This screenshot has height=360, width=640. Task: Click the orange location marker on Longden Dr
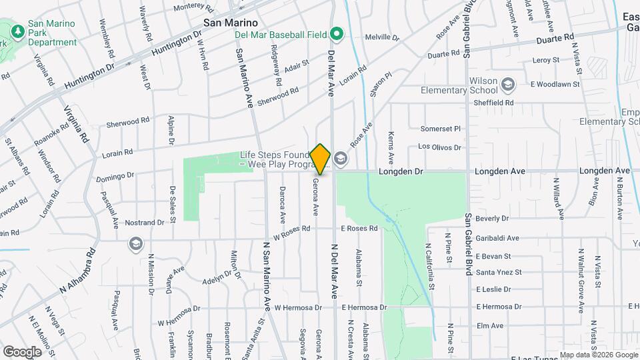tap(321, 159)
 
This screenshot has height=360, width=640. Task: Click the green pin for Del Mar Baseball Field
tap(337, 33)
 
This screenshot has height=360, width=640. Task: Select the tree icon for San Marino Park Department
tap(18, 31)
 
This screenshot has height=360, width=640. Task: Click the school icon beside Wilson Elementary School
tap(509, 85)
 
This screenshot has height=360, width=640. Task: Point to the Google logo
tap(22, 351)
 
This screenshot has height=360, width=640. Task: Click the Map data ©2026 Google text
tap(598, 355)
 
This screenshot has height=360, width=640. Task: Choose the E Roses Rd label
tap(359, 228)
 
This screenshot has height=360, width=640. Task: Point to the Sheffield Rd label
tap(493, 103)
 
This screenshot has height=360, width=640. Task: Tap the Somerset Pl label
tap(441, 129)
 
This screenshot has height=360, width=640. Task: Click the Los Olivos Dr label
tap(439, 147)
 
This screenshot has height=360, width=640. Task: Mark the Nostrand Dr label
tap(144, 222)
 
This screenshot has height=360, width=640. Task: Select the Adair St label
tap(297, 65)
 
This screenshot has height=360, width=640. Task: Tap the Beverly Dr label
tap(492, 218)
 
